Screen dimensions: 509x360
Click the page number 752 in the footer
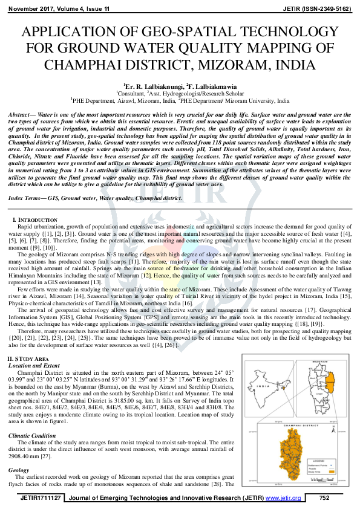click(x=324, y=498)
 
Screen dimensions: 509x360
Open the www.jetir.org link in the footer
click(x=283, y=498)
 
